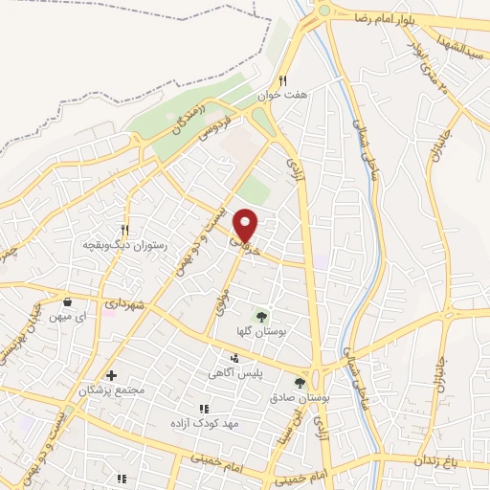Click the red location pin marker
247,225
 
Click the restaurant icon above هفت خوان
282,81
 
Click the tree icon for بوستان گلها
260,316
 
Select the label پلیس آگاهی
236,375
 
